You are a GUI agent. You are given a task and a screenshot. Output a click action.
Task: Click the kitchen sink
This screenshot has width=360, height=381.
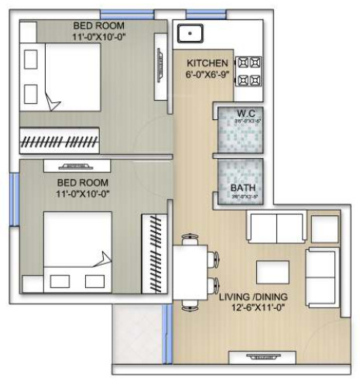[190, 34]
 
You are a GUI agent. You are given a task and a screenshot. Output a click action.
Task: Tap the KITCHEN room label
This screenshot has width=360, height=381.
[207, 63]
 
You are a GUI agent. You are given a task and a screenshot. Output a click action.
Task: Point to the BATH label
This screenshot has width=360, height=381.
[245, 187]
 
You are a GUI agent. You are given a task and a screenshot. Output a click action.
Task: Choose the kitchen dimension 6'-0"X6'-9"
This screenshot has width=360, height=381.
[207, 75]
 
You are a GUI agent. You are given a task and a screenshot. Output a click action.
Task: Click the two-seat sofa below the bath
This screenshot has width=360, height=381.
[274, 227]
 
